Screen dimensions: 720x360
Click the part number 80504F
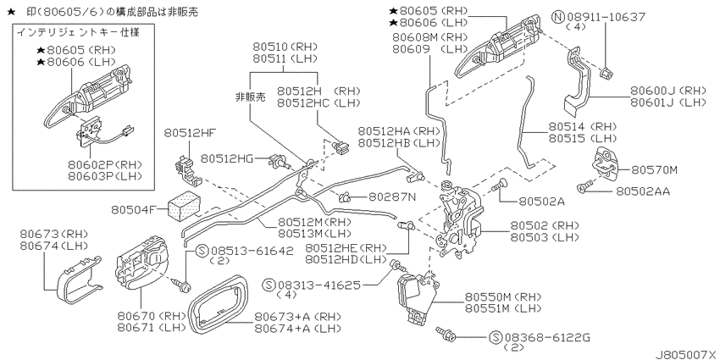[x=132, y=210]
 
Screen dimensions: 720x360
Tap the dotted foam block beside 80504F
[x=182, y=203]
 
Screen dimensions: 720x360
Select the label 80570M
[x=654, y=170]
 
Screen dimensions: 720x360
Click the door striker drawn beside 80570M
[x=604, y=163]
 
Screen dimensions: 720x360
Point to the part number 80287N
[x=392, y=197]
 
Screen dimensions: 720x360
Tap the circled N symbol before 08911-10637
[x=558, y=18]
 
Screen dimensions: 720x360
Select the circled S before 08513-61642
[x=202, y=251]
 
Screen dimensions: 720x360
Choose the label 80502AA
[x=642, y=191]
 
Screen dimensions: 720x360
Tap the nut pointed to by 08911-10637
[x=605, y=72]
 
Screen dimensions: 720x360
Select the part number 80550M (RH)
[x=503, y=296]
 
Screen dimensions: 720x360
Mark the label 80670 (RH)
[x=151, y=316]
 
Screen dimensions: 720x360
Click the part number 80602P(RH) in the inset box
[x=105, y=165]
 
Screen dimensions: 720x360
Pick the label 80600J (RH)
[x=668, y=90]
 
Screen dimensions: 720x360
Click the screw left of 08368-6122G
[x=446, y=334]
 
